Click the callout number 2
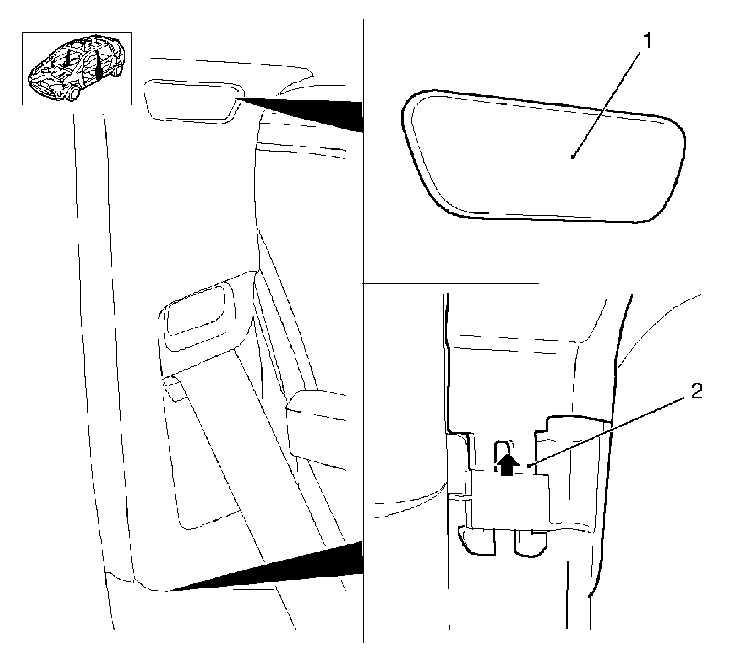point(696,392)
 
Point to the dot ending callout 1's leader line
point(573,157)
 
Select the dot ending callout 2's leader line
point(529,466)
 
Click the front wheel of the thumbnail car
point(72,95)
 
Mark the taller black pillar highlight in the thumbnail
point(98,65)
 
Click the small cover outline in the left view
point(191,100)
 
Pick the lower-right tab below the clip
point(531,543)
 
